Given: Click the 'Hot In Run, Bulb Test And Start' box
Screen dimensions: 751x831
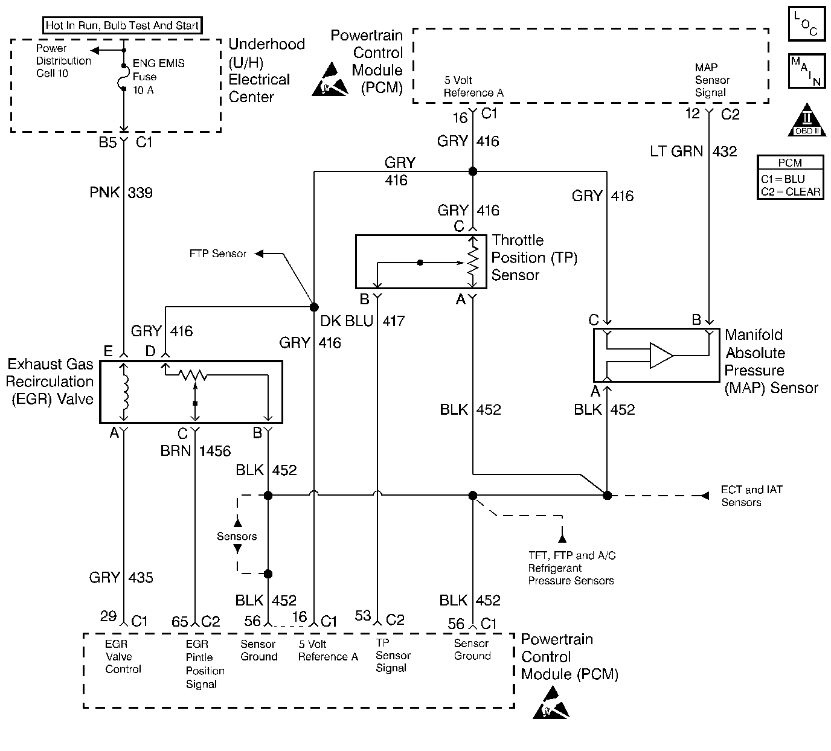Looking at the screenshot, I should pos(122,25).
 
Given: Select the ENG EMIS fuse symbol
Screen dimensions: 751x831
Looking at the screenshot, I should pos(124,78).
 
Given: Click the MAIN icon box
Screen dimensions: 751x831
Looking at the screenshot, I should pos(806,72).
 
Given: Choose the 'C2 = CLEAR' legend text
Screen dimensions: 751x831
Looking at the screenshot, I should pos(791,192).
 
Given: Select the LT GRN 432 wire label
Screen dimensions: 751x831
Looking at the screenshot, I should pos(693,151).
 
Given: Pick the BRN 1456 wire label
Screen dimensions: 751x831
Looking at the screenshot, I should pos(195,451).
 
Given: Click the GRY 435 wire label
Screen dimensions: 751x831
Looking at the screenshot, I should pos(121,578).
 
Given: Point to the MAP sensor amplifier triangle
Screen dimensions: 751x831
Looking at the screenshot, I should pos(661,356).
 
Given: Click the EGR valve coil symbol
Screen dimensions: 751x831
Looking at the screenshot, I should pos(125,392).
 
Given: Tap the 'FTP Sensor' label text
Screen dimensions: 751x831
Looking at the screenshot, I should pos(217,254).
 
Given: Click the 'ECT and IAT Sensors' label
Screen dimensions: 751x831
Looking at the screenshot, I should pos(751,496).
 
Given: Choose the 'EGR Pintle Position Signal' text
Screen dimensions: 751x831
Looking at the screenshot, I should pos(205,664).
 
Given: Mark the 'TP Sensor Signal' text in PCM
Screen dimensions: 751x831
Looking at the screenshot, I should pos(393,656).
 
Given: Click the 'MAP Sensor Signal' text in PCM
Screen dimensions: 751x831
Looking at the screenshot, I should pos(711,80).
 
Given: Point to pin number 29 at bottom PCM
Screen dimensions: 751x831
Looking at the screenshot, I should pos(108,616).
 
